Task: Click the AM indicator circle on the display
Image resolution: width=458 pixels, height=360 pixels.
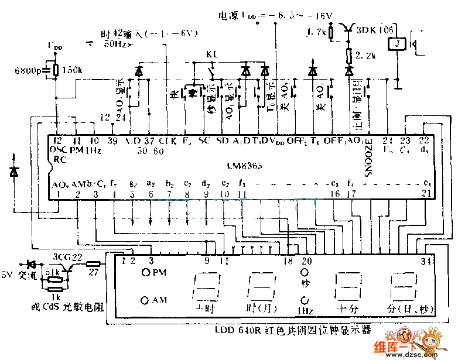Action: [x=145, y=300]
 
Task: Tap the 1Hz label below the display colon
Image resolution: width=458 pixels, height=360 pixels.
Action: [x=305, y=311]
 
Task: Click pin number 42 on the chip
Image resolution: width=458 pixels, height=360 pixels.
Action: [x=57, y=140]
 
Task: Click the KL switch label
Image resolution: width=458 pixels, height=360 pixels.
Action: [x=212, y=54]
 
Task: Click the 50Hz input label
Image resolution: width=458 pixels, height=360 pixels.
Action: [x=115, y=43]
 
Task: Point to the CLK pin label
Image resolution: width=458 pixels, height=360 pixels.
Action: [x=168, y=141]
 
